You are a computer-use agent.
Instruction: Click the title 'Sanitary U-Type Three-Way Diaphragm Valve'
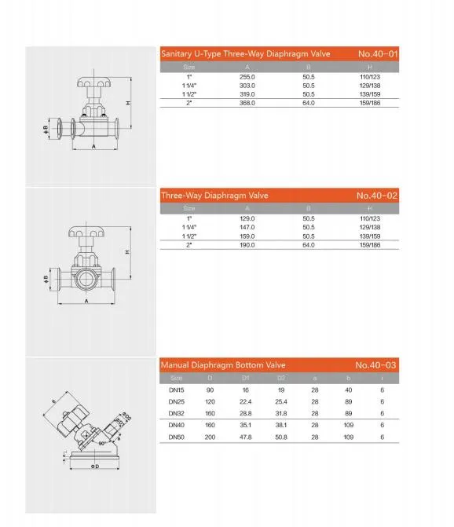(245, 54)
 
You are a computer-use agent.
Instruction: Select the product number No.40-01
(378, 54)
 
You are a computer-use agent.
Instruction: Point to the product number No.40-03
(376, 365)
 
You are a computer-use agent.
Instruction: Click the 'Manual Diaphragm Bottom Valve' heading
(223, 365)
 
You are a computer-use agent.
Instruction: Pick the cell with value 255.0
(247, 77)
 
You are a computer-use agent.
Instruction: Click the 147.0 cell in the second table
(247, 227)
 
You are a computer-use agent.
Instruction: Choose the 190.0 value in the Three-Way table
(247, 246)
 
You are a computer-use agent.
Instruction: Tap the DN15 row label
(176, 390)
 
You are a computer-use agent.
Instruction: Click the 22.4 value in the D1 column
(246, 401)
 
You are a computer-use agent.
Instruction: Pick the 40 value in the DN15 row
(348, 390)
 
